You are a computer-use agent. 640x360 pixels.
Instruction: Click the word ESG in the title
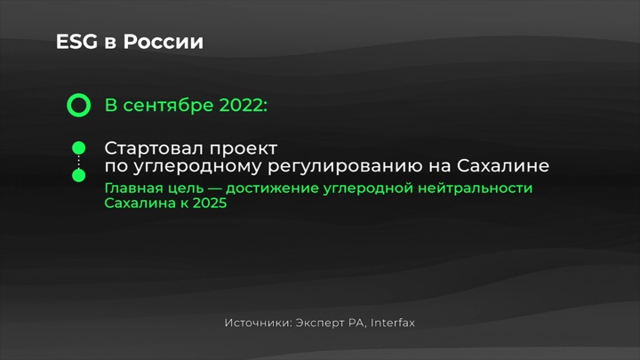(76, 42)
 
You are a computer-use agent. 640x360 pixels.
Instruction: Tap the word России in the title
(164, 42)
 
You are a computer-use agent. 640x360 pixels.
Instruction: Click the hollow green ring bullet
(79, 105)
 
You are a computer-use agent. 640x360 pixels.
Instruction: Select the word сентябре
(168, 105)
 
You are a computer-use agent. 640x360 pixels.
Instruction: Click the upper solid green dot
(79, 148)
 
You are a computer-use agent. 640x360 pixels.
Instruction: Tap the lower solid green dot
(79, 175)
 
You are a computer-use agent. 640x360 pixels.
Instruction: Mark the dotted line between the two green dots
(79, 162)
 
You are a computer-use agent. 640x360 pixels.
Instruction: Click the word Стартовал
(154, 148)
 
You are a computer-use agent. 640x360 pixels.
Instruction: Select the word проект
(244, 149)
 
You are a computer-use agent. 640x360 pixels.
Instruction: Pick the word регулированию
(345, 166)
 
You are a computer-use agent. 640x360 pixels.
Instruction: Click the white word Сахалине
(503, 165)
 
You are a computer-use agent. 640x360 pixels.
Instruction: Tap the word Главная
(133, 188)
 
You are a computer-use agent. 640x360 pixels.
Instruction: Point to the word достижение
(272, 188)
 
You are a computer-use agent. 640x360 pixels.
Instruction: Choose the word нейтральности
(475, 188)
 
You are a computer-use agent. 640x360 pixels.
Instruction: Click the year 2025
(210, 203)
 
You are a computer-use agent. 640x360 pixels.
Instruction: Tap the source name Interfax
(393, 323)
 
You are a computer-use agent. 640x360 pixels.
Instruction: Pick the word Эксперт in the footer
(320, 324)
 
